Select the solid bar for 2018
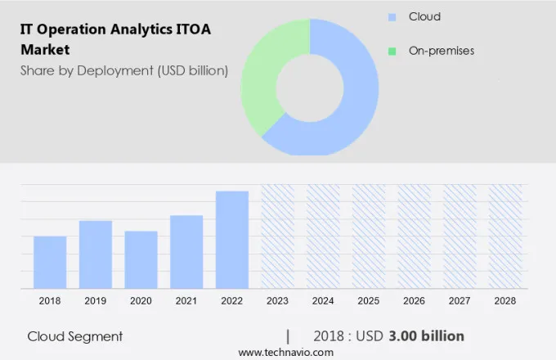pos(50,262)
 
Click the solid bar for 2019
pos(96,254)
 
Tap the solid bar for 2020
pos(141,259)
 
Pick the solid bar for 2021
pos(186,251)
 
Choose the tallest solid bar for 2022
pos(232,239)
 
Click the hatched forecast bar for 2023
pos(277,236)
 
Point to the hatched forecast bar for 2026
pos(414,236)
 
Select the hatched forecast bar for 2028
pos(504,236)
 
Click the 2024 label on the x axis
pos(323,301)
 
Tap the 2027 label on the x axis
pos(460,301)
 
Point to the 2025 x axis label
pos(369,301)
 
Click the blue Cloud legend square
pos(392,17)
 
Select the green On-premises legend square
pos(392,51)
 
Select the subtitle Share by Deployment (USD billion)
pos(124,70)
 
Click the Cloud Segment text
pos(75,336)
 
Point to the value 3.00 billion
pos(427,336)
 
